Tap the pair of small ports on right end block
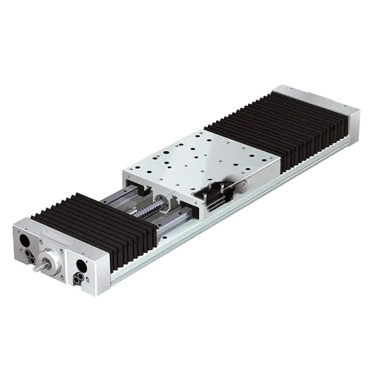click(x=79, y=276)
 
